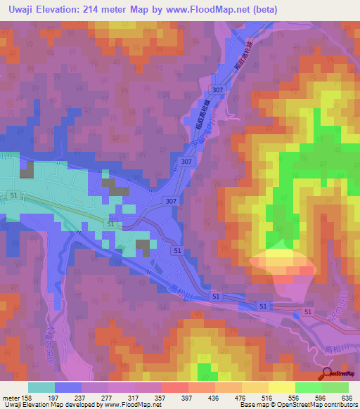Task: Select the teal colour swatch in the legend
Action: tap(41, 387)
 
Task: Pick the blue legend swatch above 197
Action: tap(68, 387)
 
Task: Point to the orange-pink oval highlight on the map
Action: tap(281, 262)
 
